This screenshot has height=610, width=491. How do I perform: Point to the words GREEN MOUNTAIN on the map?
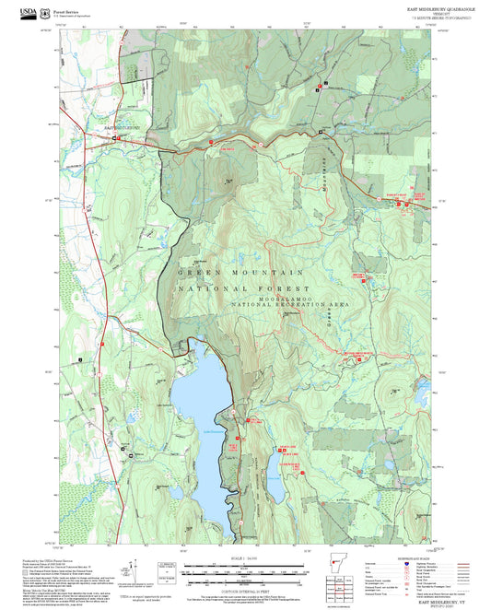pos(240,274)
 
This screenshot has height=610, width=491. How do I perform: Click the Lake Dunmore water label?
pos(209,433)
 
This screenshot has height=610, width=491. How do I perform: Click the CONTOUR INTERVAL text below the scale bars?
pos(245,581)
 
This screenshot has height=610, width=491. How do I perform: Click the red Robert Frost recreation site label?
pos(393,196)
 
